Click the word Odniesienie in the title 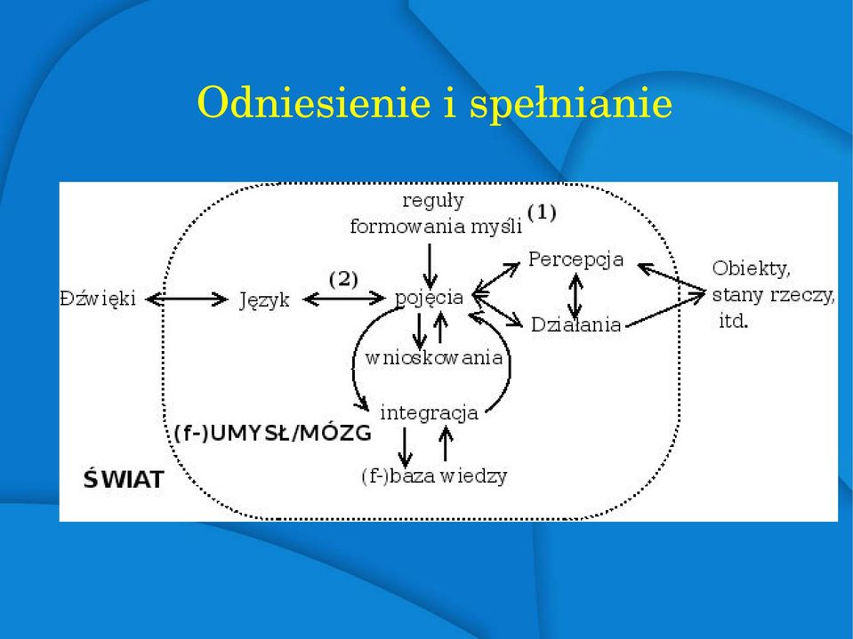(x=314, y=101)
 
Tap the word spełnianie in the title (x=571, y=104)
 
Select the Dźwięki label (x=98, y=299)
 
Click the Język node (x=264, y=300)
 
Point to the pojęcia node (x=430, y=298)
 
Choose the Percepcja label (x=575, y=260)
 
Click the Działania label (x=575, y=324)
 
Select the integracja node (x=429, y=413)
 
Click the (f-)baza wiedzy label (x=434, y=476)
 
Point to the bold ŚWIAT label (x=124, y=478)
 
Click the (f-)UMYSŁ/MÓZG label (x=272, y=433)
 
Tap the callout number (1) (x=542, y=212)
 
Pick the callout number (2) (x=343, y=279)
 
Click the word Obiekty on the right (x=751, y=268)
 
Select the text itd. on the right (x=733, y=321)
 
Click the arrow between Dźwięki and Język (x=187, y=299)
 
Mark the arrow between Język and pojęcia (x=344, y=299)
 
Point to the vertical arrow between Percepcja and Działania (x=576, y=296)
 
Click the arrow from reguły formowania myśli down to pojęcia (x=430, y=267)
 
